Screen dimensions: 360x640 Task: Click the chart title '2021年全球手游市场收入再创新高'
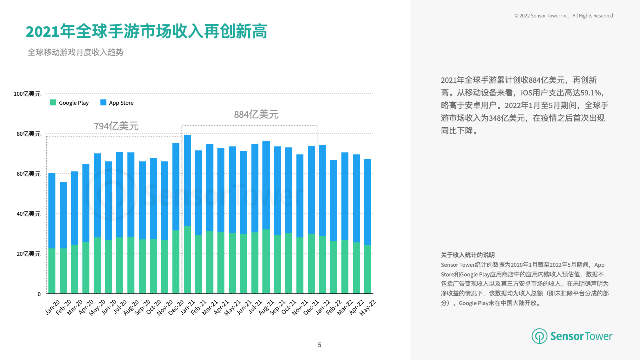(x=146, y=31)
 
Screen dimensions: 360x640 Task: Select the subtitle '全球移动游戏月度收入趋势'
(x=76, y=52)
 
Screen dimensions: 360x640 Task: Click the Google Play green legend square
(x=53, y=103)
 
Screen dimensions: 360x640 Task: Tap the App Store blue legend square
(x=103, y=103)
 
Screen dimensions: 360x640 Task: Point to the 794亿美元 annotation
(x=116, y=126)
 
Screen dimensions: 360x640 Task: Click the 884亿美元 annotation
(x=256, y=115)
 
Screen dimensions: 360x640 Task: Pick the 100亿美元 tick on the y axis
(x=27, y=94)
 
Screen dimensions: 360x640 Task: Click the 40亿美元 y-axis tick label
(x=29, y=214)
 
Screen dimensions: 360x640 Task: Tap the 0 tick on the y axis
(x=38, y=294)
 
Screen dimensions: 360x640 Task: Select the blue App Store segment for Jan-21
(x=187, y=180)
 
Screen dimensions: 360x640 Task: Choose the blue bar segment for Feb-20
(x=63, y=215)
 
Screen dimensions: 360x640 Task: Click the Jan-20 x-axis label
(x=52, y=307)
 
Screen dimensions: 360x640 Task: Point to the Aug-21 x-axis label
(x=266, y=307)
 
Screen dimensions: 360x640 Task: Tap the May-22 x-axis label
(x=368, y=307)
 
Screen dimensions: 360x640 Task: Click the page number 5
(x=320, y=345)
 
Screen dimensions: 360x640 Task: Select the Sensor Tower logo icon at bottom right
(x=539, y=336)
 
